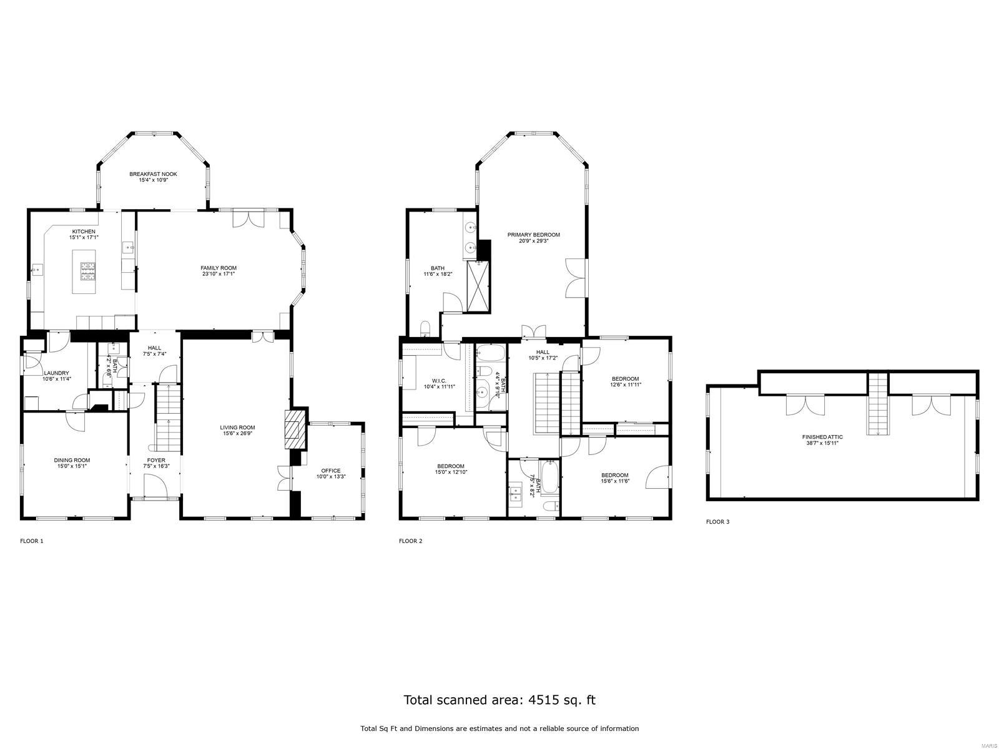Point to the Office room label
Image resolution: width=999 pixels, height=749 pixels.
click(x=330, y=471)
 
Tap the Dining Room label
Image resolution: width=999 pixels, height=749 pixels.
click(x=72, y=460)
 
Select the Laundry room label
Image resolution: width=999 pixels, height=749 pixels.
click(x=56, y=373)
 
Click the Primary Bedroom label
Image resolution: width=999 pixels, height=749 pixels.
click(x=533, y=235)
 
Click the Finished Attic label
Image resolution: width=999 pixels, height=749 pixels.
click(x=823, y=437)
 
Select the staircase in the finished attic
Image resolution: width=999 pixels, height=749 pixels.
click(x=877, y=404)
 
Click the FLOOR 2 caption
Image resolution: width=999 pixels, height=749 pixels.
click(x=410, y=541)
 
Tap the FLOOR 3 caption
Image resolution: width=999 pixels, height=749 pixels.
click(x=717, y=522)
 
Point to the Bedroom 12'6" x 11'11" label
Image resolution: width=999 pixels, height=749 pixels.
click(x=625, y=379)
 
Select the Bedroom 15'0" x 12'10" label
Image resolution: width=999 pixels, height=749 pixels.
click(x=450, y=466)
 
